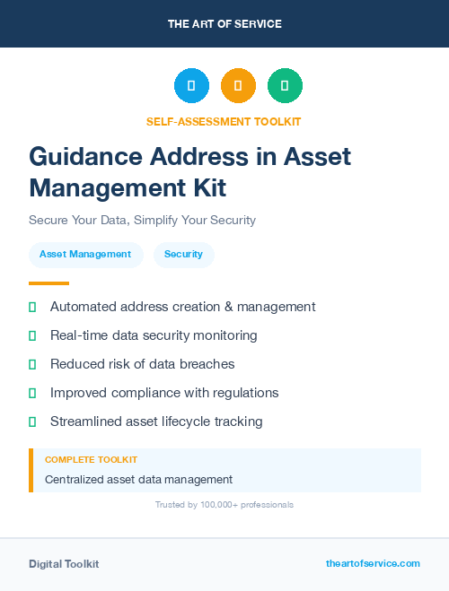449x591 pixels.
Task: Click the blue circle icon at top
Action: (x=191, y=85)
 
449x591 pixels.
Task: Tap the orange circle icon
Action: (x=238, y=85)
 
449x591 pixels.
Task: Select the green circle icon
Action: (x=285, y=85)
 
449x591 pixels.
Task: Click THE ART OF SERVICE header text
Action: (x=224, y=24)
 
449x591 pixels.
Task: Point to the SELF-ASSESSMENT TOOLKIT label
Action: (x=224, y=121)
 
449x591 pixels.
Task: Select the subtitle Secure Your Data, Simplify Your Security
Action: (x=142, y=220)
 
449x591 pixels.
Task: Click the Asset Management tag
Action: (x=85, y=254)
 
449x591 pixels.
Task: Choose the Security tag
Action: (x=183, y=254)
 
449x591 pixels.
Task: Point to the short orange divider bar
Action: (x=48, y=282)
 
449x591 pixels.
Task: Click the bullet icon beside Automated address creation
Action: (x=32, y=307)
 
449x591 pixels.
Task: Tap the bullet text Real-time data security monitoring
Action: (x=154, y=335)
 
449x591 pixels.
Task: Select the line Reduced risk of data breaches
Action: (x=142, y=364)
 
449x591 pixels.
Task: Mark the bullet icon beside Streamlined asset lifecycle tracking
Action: (x=32, y=422)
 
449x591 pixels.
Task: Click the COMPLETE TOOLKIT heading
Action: (x=91, y=459)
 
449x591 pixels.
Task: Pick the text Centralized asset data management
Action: (x=138, y=480)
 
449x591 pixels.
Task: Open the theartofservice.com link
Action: (x=373, y=563)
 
